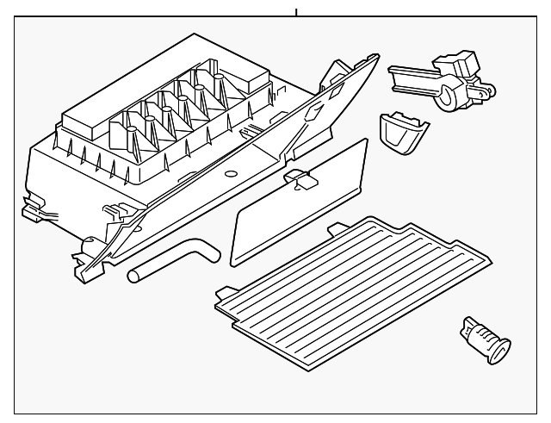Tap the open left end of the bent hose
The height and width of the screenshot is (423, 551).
pos(133,277)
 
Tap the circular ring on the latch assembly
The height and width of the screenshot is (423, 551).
pos(449,96)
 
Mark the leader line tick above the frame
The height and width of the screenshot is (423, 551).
pos(295,12)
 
